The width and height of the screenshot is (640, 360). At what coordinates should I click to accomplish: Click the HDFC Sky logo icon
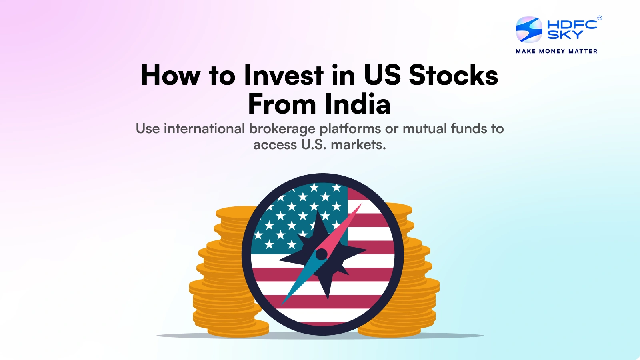[x=529, y=29]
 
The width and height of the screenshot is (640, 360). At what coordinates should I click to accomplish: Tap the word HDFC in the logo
[x=572, y=24]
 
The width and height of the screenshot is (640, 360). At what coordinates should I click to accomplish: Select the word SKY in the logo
[x=565, y=34]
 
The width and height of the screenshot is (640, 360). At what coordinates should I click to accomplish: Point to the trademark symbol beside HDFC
[x=600, y=18]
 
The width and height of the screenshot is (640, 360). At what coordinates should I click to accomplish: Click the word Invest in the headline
[x=284, y=75]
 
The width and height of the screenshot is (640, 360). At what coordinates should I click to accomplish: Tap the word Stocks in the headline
[x=454, y=75]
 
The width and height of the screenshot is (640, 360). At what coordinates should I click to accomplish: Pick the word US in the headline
[x=382, y=75]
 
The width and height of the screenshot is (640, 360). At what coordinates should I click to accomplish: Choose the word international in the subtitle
[x=204, y=128]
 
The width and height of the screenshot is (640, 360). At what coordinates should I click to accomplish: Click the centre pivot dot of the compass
[x=322, y=254]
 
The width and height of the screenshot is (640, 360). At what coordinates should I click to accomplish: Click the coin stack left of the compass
[x=226, y=272]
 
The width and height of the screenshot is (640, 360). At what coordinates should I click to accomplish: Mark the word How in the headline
[x=170, y=75]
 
